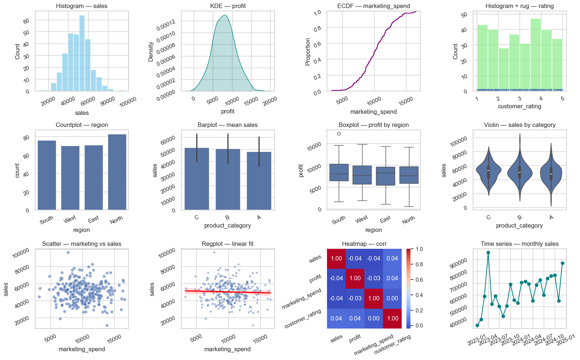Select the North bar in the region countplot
[117, 172]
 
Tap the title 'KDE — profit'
[228, 6]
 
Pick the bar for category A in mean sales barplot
[259, 181]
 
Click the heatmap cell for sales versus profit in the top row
[355, 258]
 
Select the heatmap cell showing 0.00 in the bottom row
[373, 318]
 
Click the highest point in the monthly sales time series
[488, 252]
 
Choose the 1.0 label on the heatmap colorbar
[419, 249]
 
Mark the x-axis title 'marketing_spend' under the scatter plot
[82, 349]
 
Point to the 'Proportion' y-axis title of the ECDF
[308, 52]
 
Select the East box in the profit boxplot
[385, 176]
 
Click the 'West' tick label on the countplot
[70, 219]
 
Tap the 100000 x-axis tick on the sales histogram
[128, 102]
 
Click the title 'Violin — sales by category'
[520, 125]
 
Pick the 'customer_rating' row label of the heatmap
[303, 318]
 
